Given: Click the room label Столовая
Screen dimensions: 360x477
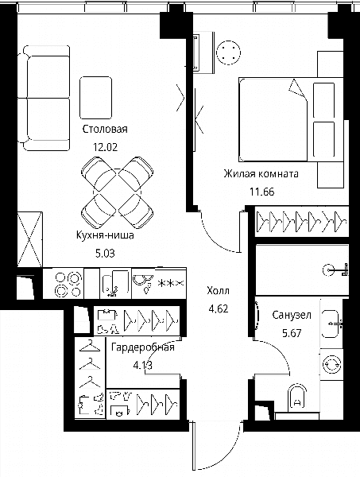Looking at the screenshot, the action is coord(105,129).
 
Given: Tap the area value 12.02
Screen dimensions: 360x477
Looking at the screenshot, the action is coord(105,147).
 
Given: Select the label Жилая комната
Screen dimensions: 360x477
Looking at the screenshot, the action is coord(261,173).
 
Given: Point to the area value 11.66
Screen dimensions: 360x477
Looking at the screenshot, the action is coord(261,192).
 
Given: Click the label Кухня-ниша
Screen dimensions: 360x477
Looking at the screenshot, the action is coord(105,235).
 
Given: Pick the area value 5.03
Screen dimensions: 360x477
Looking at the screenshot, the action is coord(105,253).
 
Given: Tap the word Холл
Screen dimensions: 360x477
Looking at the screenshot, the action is coord(218,290).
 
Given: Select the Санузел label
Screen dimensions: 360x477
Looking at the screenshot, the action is coord(292,315).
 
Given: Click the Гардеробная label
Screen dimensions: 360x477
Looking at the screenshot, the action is coord(143,347).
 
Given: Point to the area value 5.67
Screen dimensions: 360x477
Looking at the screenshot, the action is coord(292,333).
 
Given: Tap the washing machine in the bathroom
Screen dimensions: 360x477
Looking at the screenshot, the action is coord(331,364).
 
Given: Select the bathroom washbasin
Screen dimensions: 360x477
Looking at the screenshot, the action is coord(331,324).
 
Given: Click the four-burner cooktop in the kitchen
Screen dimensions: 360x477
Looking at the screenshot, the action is coord(68,284).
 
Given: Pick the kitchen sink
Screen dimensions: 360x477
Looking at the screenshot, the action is coord(111,285).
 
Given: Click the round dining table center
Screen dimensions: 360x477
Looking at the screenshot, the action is coord(118,192).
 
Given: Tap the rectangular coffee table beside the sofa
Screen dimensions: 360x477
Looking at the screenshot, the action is coord(96,98).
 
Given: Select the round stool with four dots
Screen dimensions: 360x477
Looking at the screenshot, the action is coord(228,52).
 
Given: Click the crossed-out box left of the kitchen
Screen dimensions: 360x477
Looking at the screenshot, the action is coord(29,240).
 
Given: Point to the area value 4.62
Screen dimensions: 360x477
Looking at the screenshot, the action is coord(218,308).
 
